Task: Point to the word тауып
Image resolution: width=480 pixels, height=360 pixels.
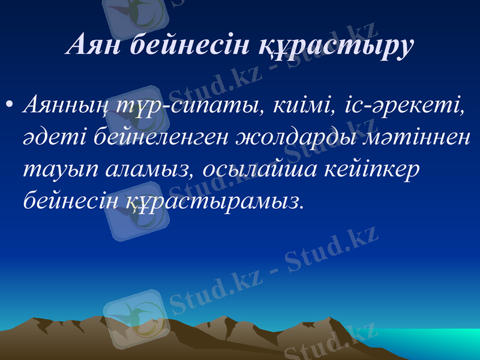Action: click(x=58, y=170)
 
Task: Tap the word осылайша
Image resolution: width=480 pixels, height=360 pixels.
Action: click(x=258, y=169)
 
